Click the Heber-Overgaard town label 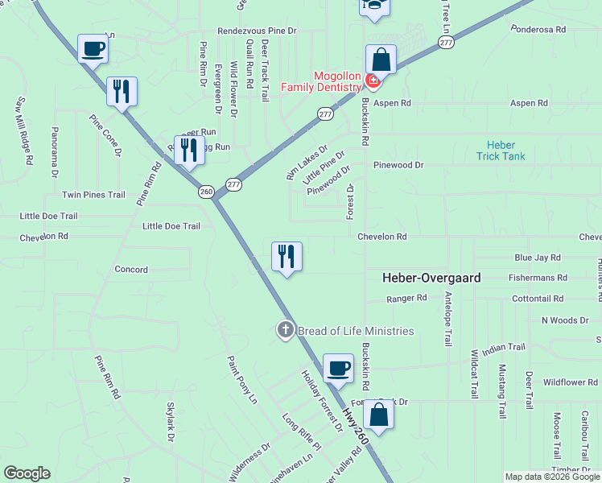click(x=431, y=278)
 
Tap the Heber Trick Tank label click(x=501, y=151)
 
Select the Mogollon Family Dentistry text click(x=320, y=87)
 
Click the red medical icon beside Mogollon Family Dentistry click(x=372, y=81)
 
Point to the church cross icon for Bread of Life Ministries click(x=285, y=330)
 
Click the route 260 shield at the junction click(x=206, y=192)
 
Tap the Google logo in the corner click(x=27, y=473)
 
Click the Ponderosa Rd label click(x=539, y=29)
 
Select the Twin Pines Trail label click(x=94, y=195)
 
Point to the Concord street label click(x=131, y=270)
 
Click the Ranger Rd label click(x=406, y=298)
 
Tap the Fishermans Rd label click(x=538, y=278)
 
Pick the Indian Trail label click(x=504, y=347)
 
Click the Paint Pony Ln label click(x=241, y=380)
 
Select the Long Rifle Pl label click(x=301, y=433)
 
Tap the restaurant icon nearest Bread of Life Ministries click(x=287, y=257)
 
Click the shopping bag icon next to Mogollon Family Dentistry click(x=381, y=60)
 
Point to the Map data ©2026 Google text click(x=552, y=477)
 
